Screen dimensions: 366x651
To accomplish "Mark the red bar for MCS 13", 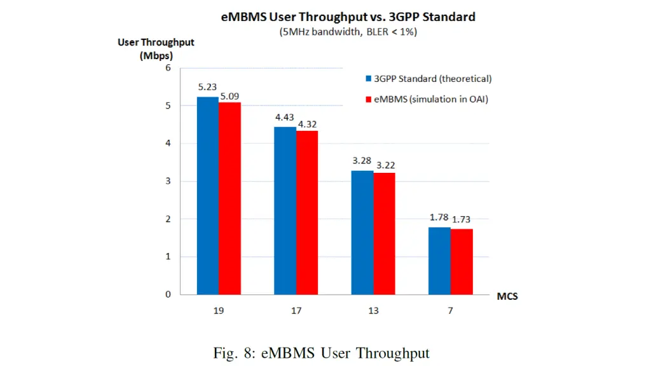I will point(384,233).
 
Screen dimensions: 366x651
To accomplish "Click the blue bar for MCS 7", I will point(439,261).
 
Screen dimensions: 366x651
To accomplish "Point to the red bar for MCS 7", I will point(462,261).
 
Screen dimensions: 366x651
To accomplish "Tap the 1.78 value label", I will point(439,218).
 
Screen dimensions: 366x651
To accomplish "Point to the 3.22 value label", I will point(385,165).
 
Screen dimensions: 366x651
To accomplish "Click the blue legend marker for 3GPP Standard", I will point(368,79).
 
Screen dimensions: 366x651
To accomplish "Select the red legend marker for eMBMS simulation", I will point(368,99).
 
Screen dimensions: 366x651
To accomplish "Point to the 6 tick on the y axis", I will point(168,68).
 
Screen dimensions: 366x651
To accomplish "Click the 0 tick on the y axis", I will point(168,294).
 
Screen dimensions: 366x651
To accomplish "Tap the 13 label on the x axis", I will point(373,311).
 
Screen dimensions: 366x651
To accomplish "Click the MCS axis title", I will point(507,297).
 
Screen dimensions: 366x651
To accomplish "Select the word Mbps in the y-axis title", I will point(156,55).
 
